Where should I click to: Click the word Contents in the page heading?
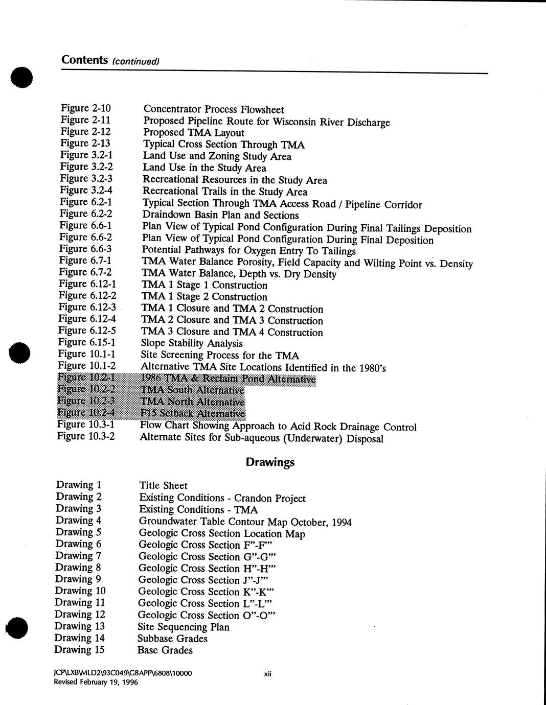coord(84,60)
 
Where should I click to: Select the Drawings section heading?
coord(270,462)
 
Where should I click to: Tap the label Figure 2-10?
coord(86,108)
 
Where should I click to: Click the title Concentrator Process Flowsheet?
coord(214,109)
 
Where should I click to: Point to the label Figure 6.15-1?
coord(86,342)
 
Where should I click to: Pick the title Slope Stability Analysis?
coord(192,343)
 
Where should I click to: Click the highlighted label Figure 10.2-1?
coord(86,378)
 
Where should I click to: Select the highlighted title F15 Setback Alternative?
coord(193,413)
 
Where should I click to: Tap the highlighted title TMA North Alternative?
coord(193,402)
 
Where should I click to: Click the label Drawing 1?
coord(79,485)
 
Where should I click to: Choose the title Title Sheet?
coord(163,486)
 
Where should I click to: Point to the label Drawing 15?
coord(80,649)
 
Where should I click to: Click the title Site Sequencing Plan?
coord(184,627)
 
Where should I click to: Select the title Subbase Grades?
coord(173,639)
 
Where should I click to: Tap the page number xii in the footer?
coord(267,674)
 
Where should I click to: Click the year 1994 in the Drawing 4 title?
coord(342,522)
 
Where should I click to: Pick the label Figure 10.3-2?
coord(86,436)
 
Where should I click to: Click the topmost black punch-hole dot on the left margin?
coord(20,78)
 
